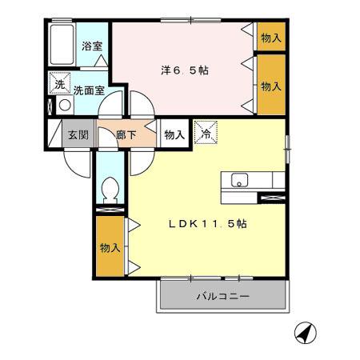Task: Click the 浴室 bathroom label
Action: [93, 46]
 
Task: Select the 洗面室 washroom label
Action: [89, 90]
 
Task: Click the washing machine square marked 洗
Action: [60, 83]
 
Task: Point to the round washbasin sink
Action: [64, 104]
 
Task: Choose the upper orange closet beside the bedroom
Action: [271, 37]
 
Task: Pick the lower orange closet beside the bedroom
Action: [271, 85]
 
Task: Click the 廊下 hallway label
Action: [125, 135]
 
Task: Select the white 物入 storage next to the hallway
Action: [174, 135]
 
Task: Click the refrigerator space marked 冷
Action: [205, 134]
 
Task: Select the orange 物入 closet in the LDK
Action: [110, 247]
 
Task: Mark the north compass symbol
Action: [304, 332]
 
